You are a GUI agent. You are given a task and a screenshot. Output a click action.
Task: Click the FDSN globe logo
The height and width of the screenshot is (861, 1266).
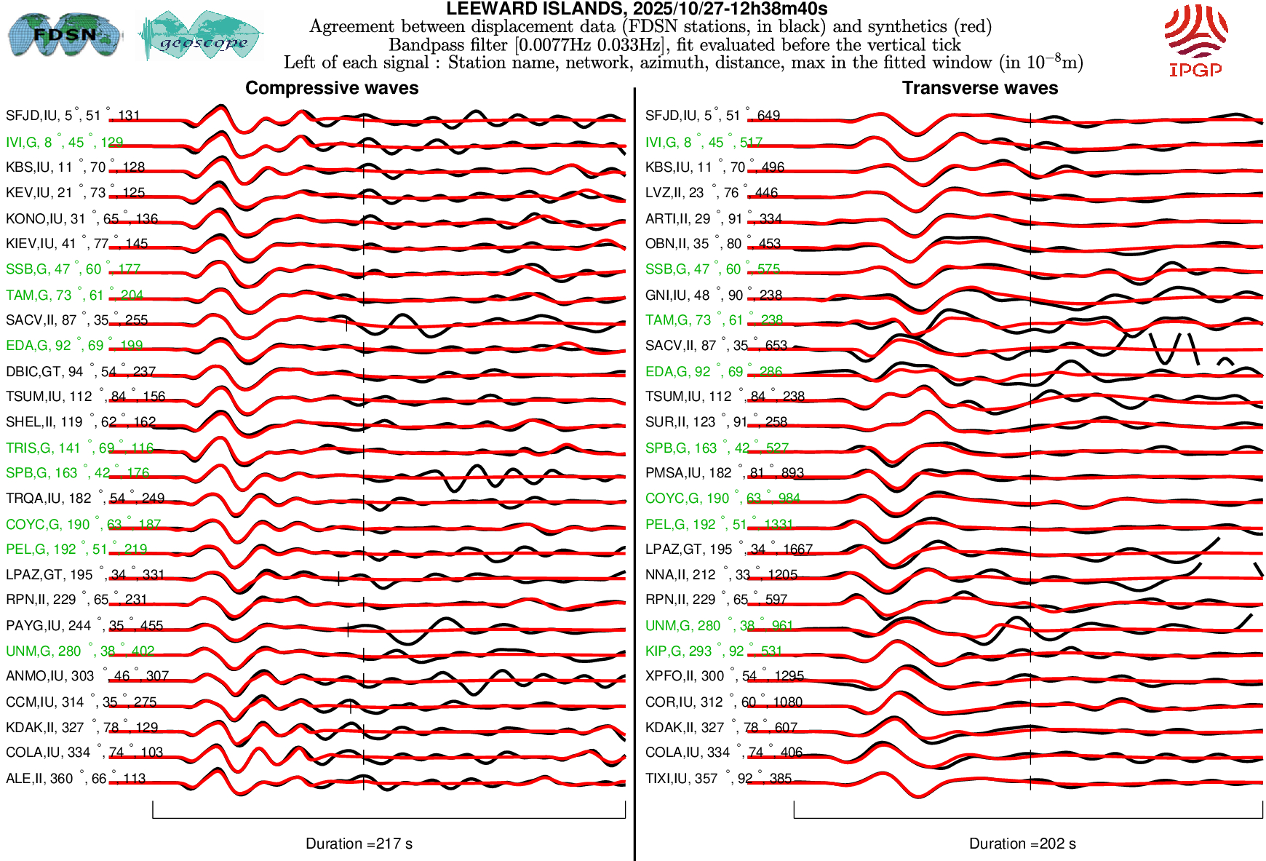pyautogui.click(x=64, y=35)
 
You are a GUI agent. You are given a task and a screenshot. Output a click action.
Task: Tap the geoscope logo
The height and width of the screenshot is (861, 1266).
pyautogui.click(x=201, y=36)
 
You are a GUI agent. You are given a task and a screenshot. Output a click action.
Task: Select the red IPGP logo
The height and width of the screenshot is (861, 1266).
pyautogui.click(x=1195, y=41)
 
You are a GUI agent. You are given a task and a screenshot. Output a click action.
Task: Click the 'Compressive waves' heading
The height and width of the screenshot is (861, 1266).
pyautogui.click(x=332, y=88)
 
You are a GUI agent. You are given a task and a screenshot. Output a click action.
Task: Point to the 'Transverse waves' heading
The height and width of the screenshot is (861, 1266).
pyautogui.click(x=979, y=88)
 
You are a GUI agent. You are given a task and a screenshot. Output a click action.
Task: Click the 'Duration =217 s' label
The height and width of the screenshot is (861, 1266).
pyautogui.click(x=359, y=844)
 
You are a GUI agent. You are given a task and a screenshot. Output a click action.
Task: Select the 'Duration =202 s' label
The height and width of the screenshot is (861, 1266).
pyautogui.click(x=1022, y=844)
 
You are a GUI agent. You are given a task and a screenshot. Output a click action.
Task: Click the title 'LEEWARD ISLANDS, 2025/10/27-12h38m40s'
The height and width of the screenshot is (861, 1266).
pyautogui.click(x=637, y=9)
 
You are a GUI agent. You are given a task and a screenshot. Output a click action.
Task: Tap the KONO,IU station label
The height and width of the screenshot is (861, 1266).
pyautogui.click(x=81, y=218)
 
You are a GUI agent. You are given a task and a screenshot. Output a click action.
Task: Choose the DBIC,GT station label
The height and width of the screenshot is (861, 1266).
pyautogui.click(x=81, y=371)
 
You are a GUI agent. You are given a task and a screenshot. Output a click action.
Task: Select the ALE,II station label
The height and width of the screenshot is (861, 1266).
pyautogui.click(x=76, y=778)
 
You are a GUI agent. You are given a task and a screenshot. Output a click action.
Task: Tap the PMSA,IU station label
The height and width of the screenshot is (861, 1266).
pyautogui.click(x=725, y=472)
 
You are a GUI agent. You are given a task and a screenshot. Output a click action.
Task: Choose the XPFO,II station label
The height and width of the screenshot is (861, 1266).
pyautogui.click(x=725, y=675)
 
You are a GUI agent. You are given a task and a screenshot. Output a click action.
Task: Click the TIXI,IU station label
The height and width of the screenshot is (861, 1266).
pyautogui.click(x=718, y=778)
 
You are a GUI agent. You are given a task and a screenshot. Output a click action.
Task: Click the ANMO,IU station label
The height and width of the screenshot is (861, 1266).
pyautogui.click(x=87, y=675)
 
